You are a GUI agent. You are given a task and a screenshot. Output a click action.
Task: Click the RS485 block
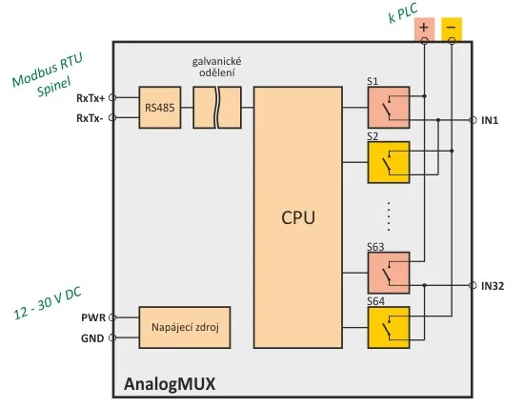coord(160,108)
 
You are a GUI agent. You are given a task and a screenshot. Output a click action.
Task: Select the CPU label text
coord(298,217)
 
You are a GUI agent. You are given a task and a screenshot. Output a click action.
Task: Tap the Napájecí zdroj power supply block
coord(185,327)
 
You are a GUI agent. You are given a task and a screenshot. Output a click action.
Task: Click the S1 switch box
coord(389,108)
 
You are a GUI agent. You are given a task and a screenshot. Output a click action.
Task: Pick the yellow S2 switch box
coord(389,162)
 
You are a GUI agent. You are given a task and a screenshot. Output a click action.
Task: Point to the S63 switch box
coord(389,273)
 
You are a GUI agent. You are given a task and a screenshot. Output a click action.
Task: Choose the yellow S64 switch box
coord(389,328)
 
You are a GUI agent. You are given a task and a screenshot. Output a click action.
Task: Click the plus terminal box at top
coord(424,30)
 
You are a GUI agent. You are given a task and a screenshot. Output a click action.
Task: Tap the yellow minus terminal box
coord(452,30)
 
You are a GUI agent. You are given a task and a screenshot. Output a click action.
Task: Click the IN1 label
coord(490,120)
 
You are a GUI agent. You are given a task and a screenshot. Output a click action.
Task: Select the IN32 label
coord(493,286)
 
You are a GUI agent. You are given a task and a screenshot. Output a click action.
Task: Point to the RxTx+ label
coord(91,98)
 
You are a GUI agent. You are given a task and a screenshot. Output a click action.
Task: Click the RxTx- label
coord(90,118)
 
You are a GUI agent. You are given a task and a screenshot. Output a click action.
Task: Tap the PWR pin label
coord(93,317)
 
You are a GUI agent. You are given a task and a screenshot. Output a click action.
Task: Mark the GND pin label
coord(92,338)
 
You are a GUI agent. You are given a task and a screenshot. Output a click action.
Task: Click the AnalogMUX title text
coord(170,384)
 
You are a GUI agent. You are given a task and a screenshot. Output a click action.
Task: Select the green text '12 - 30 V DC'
coord(48,303)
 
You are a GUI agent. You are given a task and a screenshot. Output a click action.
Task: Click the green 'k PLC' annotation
coord(403,13)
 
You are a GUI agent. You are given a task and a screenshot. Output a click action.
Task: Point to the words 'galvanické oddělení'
coord(217,67)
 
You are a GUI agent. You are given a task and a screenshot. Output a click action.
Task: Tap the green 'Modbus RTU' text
coord(47,70)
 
